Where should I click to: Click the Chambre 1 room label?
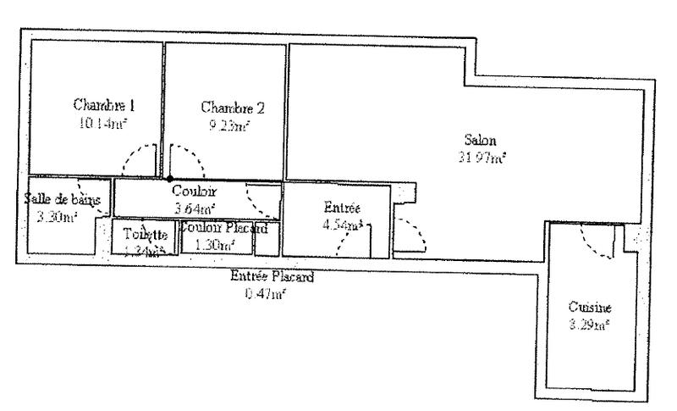[105, 106]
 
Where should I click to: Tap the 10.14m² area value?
[105, 122]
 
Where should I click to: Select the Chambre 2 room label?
[233, 108]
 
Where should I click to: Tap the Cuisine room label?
[590, 308]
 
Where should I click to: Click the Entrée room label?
[343, 208]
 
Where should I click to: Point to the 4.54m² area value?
[343, 225]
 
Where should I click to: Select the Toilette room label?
[145, 234]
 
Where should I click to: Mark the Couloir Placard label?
[224, 228]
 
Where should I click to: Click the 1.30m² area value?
[213, 244]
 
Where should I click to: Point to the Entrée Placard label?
[272, 276]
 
